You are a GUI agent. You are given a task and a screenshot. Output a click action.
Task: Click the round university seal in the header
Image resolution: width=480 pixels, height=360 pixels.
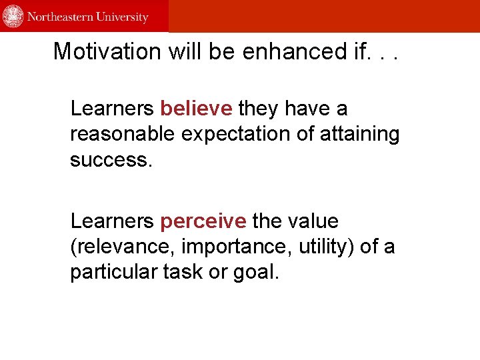[x=13, y=16]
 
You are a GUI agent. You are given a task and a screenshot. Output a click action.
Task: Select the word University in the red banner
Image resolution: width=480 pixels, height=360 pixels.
[x=122, y=17]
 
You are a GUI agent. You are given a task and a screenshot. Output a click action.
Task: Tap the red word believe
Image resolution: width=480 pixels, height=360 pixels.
[x=197, y=108]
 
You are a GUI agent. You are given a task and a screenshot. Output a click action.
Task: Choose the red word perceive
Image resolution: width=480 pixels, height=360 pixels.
[x=203, y=221]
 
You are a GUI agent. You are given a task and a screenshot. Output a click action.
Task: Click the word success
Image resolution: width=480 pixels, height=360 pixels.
[x=111, y=160]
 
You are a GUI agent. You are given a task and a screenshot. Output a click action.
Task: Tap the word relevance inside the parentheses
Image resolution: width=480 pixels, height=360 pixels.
[x=123, y=247]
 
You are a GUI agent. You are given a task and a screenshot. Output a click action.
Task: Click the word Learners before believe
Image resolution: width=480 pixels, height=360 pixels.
[x=113, y=108]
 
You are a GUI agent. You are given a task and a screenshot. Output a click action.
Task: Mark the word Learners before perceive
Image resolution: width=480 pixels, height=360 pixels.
[x=113, y=221]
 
